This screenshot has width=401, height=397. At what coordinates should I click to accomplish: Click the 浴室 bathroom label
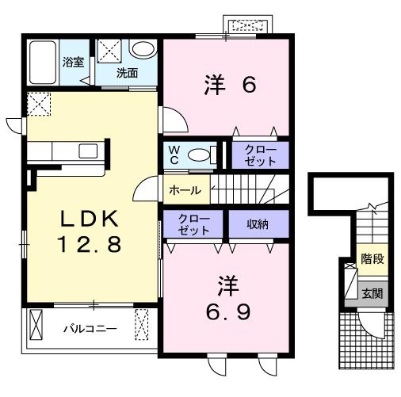73,62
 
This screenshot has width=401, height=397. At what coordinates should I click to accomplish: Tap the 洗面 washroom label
128,73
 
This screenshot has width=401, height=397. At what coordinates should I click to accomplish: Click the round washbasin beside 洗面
143,50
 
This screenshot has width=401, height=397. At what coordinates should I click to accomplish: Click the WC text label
174,155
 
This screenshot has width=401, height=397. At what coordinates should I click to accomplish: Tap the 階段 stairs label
370,259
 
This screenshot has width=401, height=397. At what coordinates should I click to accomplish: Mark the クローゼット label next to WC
260,155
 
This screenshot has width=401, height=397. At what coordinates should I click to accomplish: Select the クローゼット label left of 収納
193,224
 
